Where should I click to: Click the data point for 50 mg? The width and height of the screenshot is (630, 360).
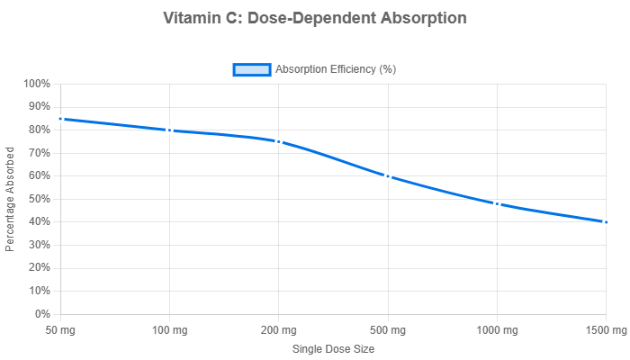[x=60, y=119]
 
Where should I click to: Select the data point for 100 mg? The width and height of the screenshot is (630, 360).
[x=169, y=130]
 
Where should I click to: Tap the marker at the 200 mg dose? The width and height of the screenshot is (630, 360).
[x=279, y=141]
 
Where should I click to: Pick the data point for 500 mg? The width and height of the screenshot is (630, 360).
[x=388, y=176]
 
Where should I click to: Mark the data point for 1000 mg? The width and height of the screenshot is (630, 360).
[x=497, y=203]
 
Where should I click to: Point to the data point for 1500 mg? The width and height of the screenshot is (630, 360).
[x=607, y=221]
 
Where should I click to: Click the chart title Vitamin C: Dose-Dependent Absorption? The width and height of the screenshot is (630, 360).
[x=315, y=18]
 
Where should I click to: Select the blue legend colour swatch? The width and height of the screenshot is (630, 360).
[x=251, y=70]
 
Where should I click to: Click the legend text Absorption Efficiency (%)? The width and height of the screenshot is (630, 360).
[x=336, y=70]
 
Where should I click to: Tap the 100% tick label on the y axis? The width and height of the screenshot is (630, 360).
[x=37, y=84]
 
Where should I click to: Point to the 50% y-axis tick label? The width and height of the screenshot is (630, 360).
[x=40, y=199]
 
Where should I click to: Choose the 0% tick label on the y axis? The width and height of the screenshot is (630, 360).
[x=42, y=314]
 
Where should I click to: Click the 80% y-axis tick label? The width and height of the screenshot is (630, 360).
[x=40, y=130]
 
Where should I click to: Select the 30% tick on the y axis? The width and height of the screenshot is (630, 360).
[x=40, y=245]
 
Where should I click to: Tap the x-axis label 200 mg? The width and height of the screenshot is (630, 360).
[x=279, y=331]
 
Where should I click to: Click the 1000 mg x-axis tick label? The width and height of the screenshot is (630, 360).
[x=497, y=331]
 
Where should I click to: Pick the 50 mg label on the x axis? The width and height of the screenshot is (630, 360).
[x=60, y=331]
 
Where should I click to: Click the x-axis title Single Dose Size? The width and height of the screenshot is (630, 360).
[x=333, y=349]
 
